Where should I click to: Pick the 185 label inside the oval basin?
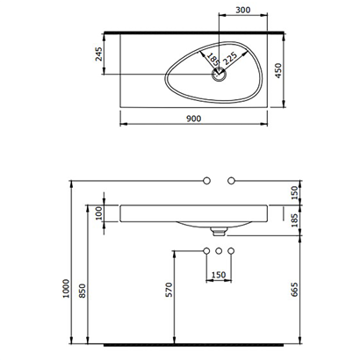[211, 61]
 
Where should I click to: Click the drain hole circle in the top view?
[218, 76]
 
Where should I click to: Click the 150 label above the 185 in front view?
[295, 191]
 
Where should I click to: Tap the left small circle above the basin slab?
[206, 179]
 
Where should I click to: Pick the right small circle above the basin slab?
[231, 179]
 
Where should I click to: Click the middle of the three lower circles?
[218, 252]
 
